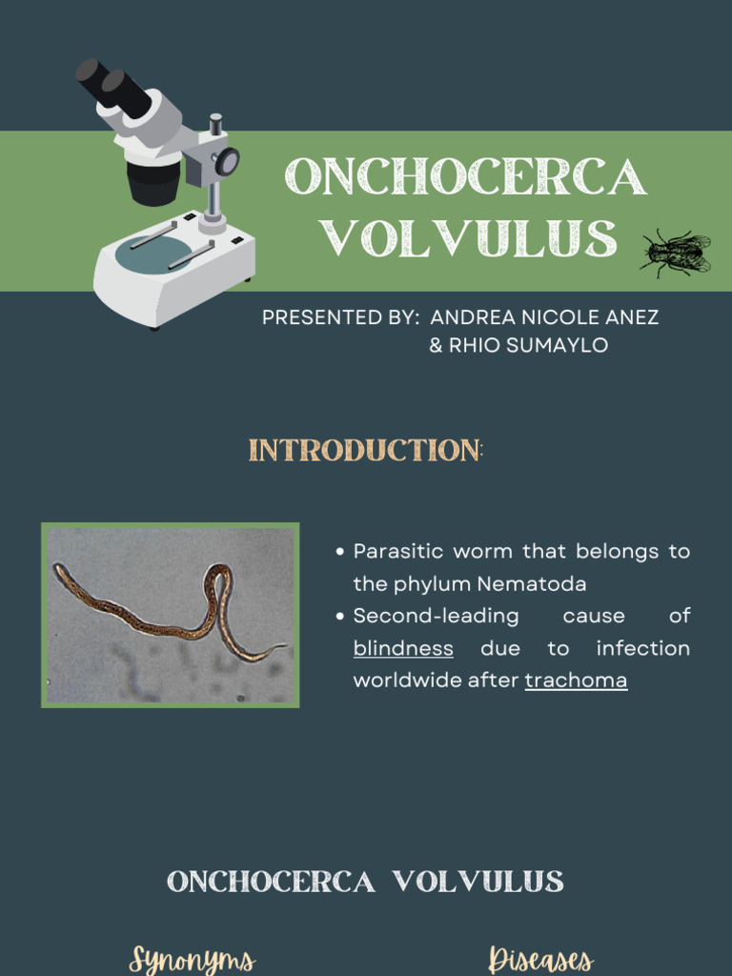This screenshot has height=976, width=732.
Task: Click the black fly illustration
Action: coord(676,253)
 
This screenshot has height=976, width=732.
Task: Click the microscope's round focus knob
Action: coord(227,161)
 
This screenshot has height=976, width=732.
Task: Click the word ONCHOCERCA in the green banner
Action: coord(466,177)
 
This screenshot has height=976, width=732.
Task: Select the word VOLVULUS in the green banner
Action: coord(468,238)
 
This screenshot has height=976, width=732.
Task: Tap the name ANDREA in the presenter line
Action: coord(470,317)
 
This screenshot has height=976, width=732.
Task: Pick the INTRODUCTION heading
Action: coord(366,451)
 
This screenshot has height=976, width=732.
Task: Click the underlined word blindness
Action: coord(403,648)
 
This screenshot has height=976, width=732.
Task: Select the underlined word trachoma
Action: coord(576,681)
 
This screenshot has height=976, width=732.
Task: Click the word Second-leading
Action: coord(436,616)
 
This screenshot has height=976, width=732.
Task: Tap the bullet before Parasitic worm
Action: coord(340,552)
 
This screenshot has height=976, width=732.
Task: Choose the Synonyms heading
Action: coord(192,958)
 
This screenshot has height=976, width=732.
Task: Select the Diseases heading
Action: coord(539,958)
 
